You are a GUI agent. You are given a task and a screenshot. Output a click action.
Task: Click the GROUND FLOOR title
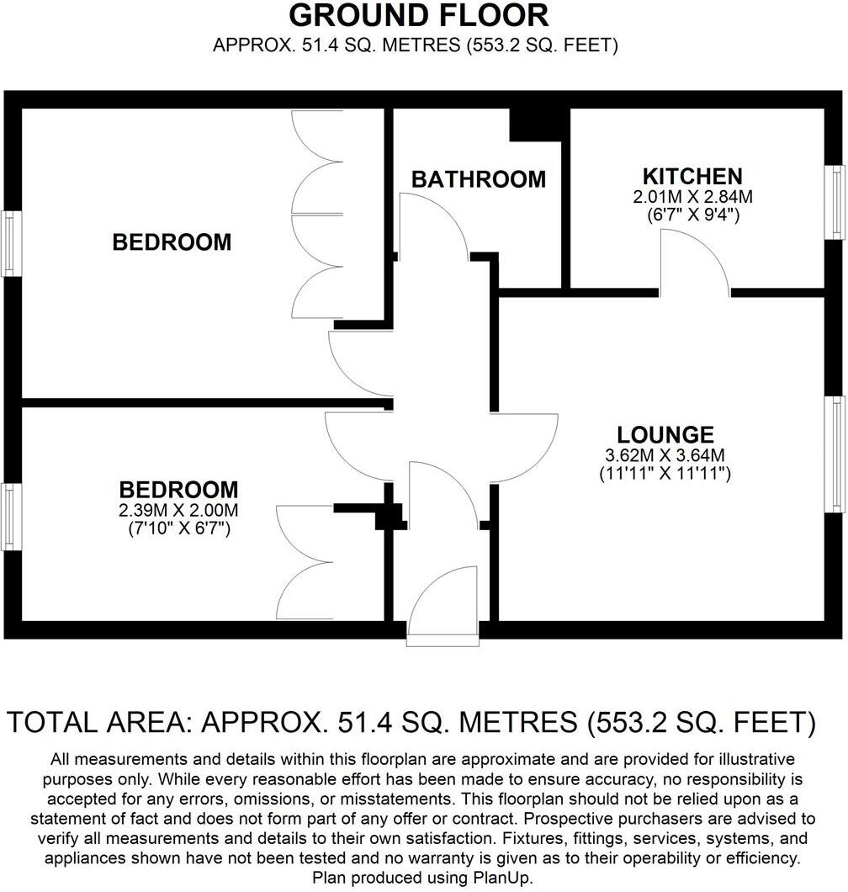(418, 15)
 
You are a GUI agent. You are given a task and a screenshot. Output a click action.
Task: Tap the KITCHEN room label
(692, 177)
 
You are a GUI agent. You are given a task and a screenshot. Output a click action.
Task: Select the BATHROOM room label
(478, 179)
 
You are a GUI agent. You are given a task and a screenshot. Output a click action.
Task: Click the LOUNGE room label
(665, 435)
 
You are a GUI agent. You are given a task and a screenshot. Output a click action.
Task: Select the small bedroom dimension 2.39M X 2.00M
(178, 510)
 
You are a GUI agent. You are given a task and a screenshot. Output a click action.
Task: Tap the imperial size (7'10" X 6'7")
(178, 528)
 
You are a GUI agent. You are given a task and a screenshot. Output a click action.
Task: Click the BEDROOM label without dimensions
(172, 242)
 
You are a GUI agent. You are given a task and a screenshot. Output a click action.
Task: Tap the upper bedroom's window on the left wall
(9, 243)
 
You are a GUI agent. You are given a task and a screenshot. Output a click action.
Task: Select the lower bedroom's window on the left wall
(9, 516)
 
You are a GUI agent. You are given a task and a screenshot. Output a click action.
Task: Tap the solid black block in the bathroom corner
(536, 125)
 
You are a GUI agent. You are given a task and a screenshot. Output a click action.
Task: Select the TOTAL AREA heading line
(411, 722)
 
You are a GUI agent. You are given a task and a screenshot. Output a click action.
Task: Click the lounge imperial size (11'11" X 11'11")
(665, 474)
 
